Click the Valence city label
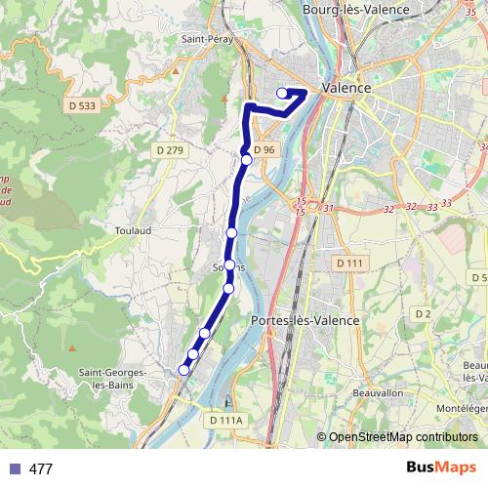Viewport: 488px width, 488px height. coord(346,88)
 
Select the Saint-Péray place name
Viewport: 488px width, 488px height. coord(205,39)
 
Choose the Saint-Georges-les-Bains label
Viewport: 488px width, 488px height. coord(113,379)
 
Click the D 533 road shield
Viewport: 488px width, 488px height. coord(85,103)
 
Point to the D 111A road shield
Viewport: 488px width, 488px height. coord(224,420)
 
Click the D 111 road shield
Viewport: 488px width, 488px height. coord(348,264)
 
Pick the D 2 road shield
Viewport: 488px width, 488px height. coord(423,313)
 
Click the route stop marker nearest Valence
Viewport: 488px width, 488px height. coord(282,93)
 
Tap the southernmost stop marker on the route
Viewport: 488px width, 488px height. coord(183,369)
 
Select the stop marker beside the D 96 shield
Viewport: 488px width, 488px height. coord(247,159)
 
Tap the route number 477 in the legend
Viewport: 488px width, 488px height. coord(41,469)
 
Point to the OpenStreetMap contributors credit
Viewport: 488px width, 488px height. coord(403,436)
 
